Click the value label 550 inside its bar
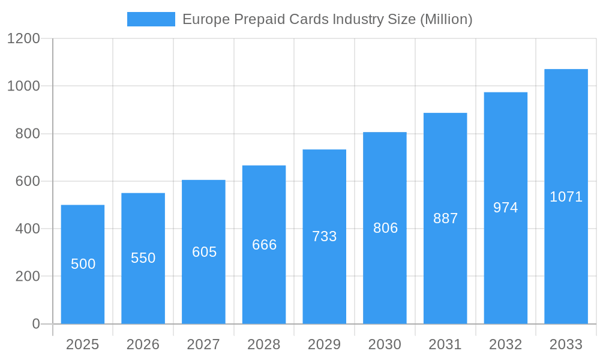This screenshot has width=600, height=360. pos(143,258)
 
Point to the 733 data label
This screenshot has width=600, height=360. pos(325,236)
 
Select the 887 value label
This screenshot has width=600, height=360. pos(446,218)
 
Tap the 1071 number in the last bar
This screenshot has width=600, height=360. pos(566,197)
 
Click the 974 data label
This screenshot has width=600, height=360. pos(506,208)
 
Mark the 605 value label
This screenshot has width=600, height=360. pos(204,252)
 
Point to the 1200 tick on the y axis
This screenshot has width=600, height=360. pos(23,39)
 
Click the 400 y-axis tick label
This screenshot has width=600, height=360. pos(28,229)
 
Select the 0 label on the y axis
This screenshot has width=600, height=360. pos(35,324)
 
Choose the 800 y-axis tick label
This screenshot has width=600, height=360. pos(28,134)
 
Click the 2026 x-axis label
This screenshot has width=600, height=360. pos(143,344)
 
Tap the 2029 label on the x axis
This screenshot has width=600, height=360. pos(325,344)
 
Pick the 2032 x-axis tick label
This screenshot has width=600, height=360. pos(506,344)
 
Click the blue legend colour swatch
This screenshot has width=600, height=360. pos(151,19)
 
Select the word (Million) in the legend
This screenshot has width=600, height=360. pos(446,20)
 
